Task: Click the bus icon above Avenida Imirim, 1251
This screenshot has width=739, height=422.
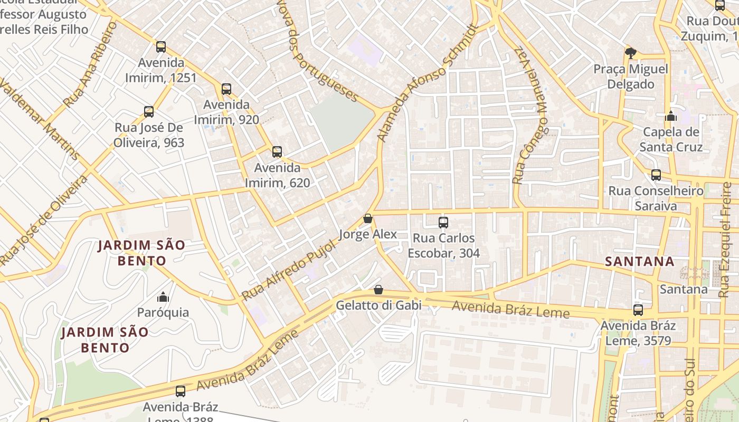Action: (161, 47)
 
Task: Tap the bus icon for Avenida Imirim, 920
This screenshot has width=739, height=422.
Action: (226, 89)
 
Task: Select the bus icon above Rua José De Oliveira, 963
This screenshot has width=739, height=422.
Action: (149, 112)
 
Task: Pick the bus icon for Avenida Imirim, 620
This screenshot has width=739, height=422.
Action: (277, 152)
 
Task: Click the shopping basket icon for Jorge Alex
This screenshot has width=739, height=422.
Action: (368, 218)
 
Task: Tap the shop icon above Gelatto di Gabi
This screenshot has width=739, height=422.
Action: (378, 290)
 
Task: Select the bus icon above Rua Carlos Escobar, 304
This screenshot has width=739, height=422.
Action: (443, 223)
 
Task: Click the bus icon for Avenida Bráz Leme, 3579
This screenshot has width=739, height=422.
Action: (638, 310)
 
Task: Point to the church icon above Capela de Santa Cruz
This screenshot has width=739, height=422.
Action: (671, 116)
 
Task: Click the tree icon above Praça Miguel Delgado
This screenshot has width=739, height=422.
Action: (630, 53)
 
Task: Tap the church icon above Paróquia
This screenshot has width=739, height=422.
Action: (163, 297)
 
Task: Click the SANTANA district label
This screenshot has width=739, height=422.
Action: (639, 261)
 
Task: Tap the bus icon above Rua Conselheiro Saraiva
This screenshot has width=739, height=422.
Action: (656, 175)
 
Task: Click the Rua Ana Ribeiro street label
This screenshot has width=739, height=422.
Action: (89, 64)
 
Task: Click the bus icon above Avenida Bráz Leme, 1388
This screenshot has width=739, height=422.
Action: (181, 391)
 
